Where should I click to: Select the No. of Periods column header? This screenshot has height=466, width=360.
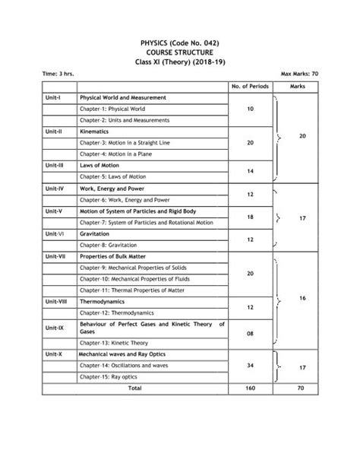coord(250,87)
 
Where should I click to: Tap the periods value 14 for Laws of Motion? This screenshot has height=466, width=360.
coord(250,170)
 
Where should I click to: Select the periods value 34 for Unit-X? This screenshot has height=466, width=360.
coord(250,366)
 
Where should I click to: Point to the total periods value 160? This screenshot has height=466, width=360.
coord(250,388)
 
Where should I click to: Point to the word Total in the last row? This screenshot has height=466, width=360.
coord(135,388)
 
